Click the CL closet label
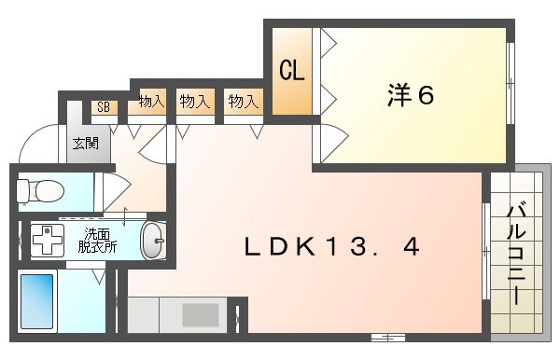(x=292, y=72)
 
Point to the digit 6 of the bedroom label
(x=426, y=95)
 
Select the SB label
(x=104, y=107)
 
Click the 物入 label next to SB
(x=151, y=101)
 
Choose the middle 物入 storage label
(x=195, y=101)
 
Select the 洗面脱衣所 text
(x=97, y=241)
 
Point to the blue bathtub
(x=37, y=302)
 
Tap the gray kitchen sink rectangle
(x=200, y=314)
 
